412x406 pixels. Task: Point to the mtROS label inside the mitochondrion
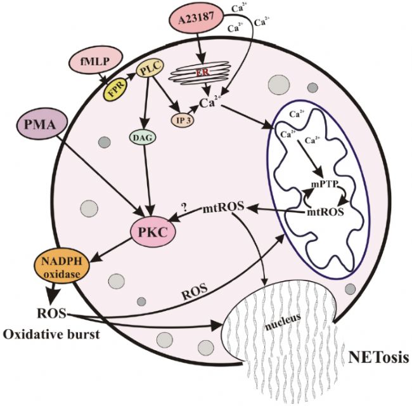(325, 213)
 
